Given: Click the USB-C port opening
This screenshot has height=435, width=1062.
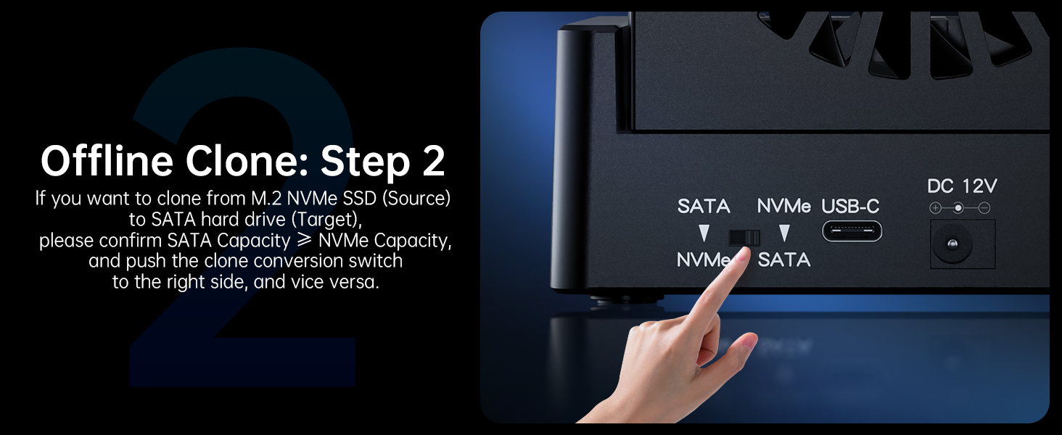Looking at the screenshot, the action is pyautogui.click(x=852, y=231).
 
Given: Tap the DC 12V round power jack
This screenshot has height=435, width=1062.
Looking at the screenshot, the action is pyautogui.click(x=952, y=244).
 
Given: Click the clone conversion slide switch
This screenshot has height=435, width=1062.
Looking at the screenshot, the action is pyautogui.click(x=744, y=237).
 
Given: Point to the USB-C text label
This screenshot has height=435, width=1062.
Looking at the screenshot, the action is pyautogui.click(x=850, y=206).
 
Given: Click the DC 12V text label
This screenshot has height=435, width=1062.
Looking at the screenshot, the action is pyautogui.click(x=962, y=186).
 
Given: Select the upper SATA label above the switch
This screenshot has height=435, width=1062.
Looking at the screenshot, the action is pyautogui.click(x=704, y=206).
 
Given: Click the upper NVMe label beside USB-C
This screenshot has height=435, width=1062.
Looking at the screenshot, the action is pyautogui.click(x=783, y=206).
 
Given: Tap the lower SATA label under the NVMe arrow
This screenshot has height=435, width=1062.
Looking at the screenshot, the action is pyautogui.click(x=783, y=260).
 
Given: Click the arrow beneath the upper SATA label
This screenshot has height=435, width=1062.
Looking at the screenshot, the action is pyautogui.click(x=704, y=233).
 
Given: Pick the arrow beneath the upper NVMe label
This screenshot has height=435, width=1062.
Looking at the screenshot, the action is pyautogui.click(x=784, y=233).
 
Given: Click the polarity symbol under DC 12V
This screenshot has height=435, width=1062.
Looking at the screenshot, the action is pyautogui.click(x=959, y=207).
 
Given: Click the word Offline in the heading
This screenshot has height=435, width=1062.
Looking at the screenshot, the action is pyautogui.click(x=107, y=161).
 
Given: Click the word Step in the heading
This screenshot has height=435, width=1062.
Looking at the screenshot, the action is pyautogui.click(x=365, y=162).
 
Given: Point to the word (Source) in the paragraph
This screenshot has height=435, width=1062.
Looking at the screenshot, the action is pyautogui.click(x=416, y=198).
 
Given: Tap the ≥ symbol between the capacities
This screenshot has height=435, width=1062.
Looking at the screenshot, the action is pyautogui.click(x=304, y=240).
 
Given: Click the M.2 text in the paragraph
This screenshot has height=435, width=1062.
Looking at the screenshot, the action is pyautogui.click(x=266, y=198).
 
